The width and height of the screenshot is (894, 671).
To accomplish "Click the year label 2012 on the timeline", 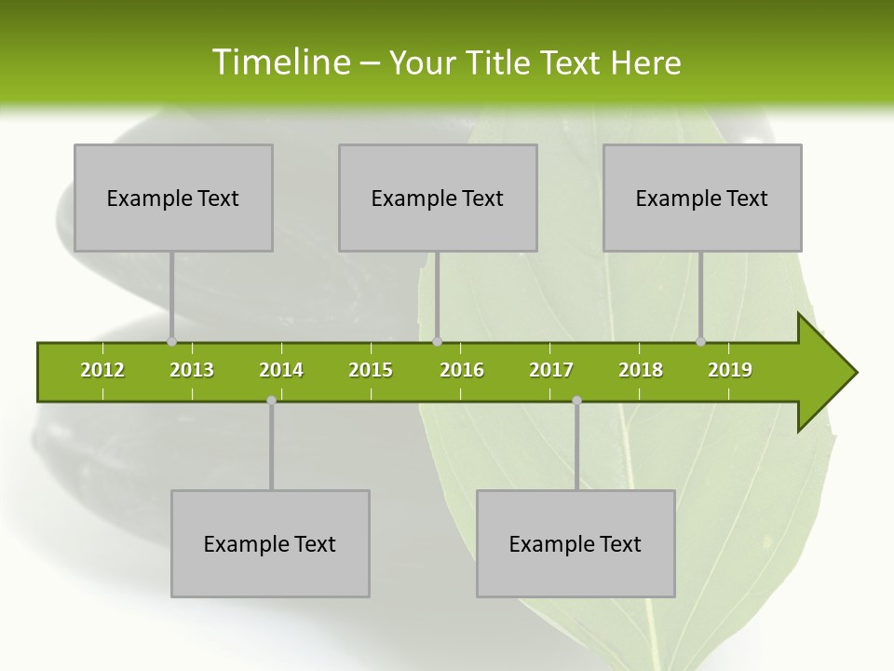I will (x=102, y=370).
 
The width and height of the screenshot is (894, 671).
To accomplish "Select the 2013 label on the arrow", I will (x=192, y=370).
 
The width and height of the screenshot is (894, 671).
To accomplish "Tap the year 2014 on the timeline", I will (x=281, y=370).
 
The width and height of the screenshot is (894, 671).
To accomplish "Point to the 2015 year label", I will (x=371, y=370).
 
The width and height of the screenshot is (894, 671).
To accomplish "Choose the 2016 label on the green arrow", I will (x=462, y=370).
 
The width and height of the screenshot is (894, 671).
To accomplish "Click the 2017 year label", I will (x=551, y=370).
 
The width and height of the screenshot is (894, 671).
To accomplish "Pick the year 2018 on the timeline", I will (x=641, y=370).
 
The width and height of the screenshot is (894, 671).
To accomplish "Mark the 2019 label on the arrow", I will (x=730, y=370).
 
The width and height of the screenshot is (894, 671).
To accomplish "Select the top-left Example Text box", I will (x=173, y=198).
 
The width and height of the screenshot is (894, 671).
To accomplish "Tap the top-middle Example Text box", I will (x=438, y=198).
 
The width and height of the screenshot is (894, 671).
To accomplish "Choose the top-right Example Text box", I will (x=702, y=198).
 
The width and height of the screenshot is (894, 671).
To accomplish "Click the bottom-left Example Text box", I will (x=270, y=543).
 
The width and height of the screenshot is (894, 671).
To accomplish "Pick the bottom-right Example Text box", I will (x=576, y=543).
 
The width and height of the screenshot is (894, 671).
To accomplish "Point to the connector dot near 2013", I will (x=171, y=341).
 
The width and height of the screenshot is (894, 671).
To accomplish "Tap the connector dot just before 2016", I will (x=437, y=341).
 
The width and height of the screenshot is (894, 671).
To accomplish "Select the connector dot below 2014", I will (x=271, y=400).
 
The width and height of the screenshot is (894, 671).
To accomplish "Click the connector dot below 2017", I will (x=576, y=400).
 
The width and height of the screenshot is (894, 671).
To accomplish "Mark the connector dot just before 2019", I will (x=700, y=341).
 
